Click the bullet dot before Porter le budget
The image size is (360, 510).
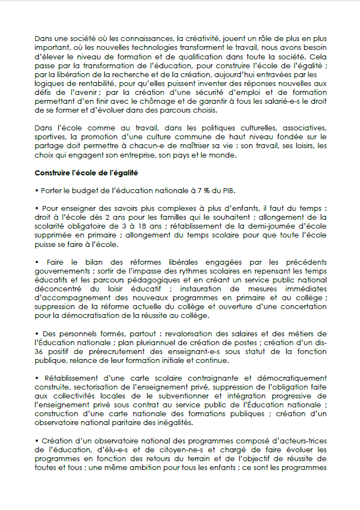point(36,191)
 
